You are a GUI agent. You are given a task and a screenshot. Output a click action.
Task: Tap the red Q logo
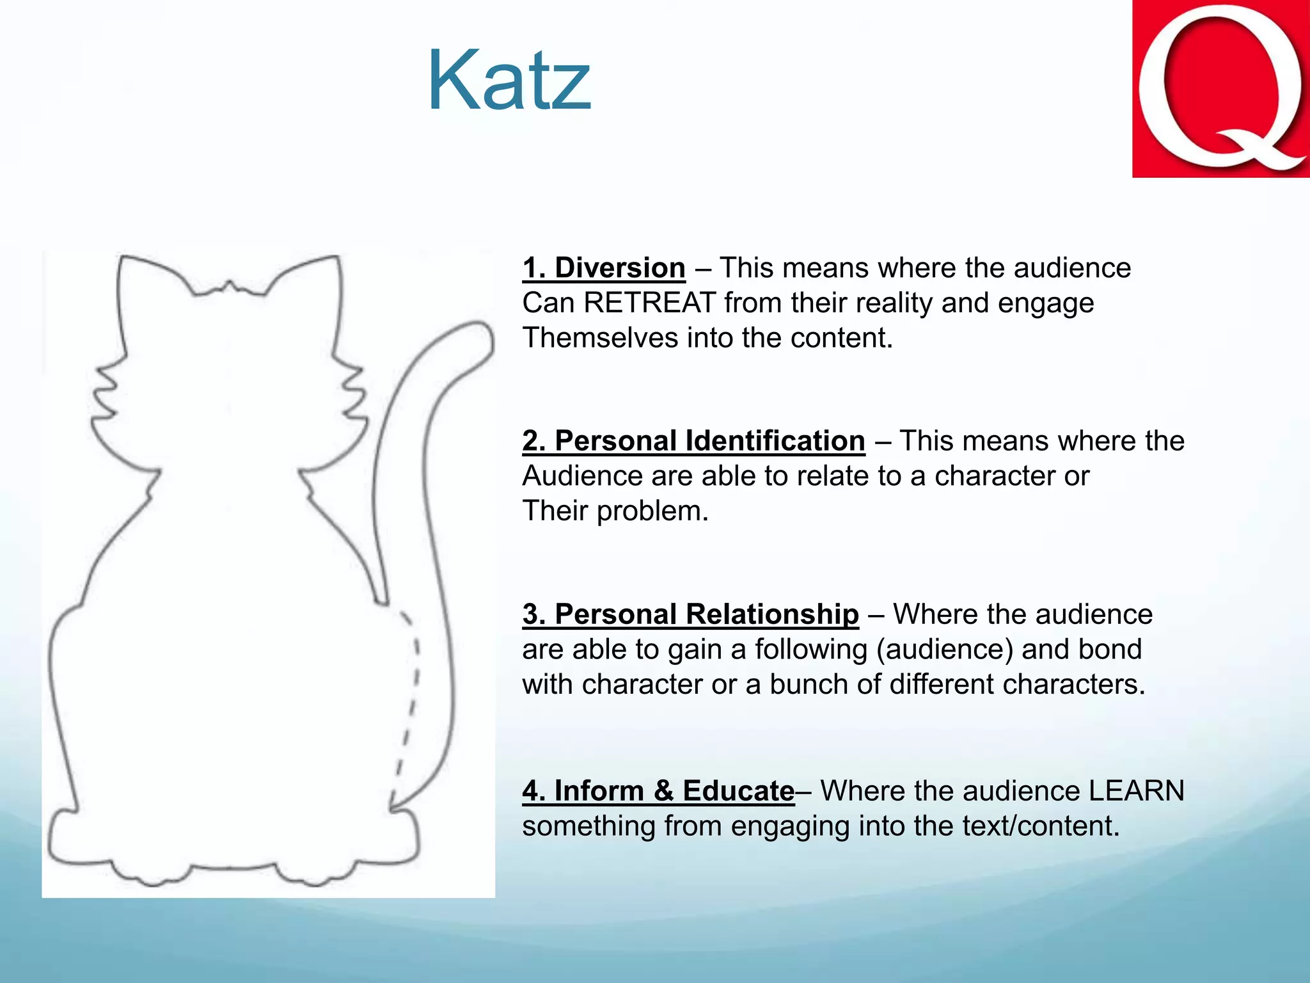coord(1220,89)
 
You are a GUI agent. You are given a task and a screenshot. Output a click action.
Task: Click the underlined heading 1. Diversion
coord(603,268)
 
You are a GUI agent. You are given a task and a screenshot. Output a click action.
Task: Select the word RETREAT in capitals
coord(649,303)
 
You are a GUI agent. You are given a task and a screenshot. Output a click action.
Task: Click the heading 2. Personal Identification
coord(693,442)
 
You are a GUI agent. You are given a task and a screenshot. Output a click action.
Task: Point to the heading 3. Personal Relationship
coord(690,614)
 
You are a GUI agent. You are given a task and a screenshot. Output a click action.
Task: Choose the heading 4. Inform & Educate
coord(658,791)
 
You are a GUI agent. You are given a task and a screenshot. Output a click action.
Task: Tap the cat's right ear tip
coord(336,260)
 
